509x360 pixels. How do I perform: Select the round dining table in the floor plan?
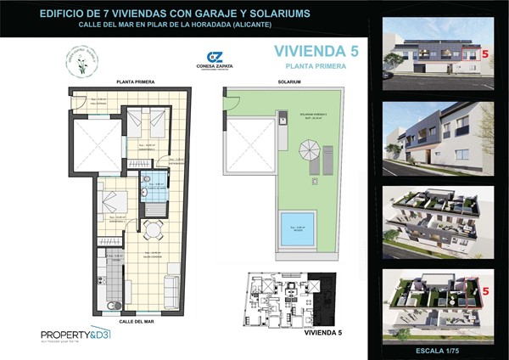pyautogui.click(x=153, y=229)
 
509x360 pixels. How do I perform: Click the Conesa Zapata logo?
pyautogui.click(x=213, y=63)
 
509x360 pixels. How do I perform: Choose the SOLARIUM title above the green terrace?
pyautogui.click(x=289, y=82)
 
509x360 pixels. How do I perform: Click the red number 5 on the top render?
pyautogui.click(x=485, y=53)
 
